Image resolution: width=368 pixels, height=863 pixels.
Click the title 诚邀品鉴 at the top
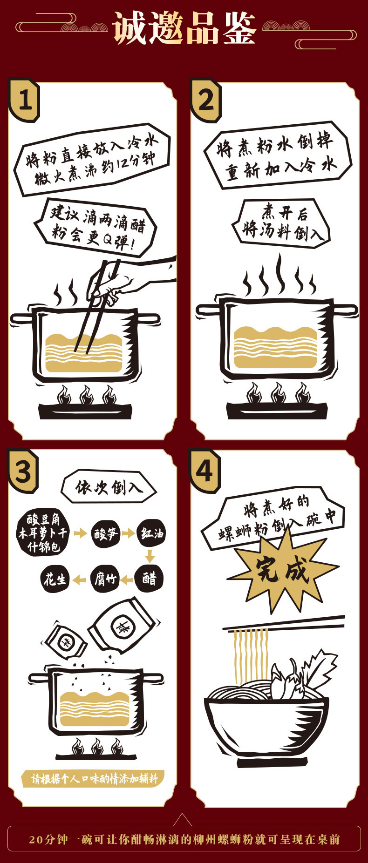[x=184, y=29]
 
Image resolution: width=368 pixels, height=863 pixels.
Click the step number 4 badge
[x=204, y=471]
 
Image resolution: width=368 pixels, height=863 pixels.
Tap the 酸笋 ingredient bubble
[x=105, y=533]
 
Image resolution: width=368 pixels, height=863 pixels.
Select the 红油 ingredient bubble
[x=151, y=533]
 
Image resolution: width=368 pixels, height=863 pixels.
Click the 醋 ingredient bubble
[x=150, y=579]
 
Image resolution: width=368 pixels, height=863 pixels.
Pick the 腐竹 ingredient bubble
[x=105, y=580]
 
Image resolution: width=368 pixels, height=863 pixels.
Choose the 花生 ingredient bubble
[x=55, y=580]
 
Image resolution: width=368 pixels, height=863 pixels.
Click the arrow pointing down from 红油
[x=150, y=556]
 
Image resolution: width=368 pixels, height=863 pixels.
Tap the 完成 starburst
[x=282, y=569]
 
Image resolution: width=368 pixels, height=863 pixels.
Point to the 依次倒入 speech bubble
[x=109, y=487]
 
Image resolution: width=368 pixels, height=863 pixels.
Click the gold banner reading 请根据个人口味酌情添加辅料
[x=93, y=778]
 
